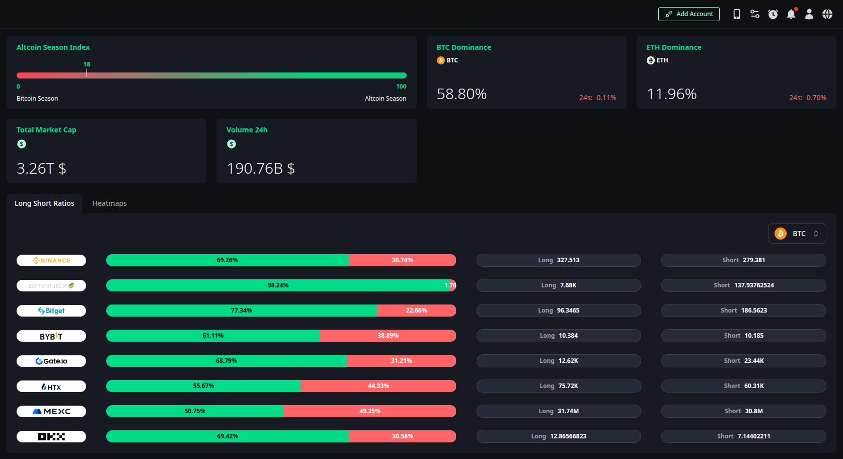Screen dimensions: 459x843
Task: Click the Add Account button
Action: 688,14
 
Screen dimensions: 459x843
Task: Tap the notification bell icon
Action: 791,14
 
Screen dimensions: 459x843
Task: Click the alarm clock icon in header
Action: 773,14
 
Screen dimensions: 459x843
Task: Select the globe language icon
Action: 827,14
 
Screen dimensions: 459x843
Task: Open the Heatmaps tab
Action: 109,203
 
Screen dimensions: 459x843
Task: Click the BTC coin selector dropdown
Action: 797,234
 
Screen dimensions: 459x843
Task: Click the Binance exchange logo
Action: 51,260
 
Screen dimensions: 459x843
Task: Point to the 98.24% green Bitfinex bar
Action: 277,285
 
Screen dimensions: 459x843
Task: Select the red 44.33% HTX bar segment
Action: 378,386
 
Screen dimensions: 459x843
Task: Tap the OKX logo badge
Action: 51,436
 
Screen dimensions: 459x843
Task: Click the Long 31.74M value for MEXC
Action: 559,411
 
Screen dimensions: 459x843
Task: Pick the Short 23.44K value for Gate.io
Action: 743,361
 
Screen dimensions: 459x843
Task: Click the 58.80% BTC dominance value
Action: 462,94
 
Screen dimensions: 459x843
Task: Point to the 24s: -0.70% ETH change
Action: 807,98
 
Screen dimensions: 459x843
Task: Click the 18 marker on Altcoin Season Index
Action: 87,65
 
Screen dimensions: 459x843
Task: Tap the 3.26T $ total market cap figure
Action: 41,169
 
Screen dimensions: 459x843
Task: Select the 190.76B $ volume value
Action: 261,169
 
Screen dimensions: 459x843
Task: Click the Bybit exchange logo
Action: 51,336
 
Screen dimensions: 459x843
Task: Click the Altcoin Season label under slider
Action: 385,99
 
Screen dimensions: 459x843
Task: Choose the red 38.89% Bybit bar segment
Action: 388,336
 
